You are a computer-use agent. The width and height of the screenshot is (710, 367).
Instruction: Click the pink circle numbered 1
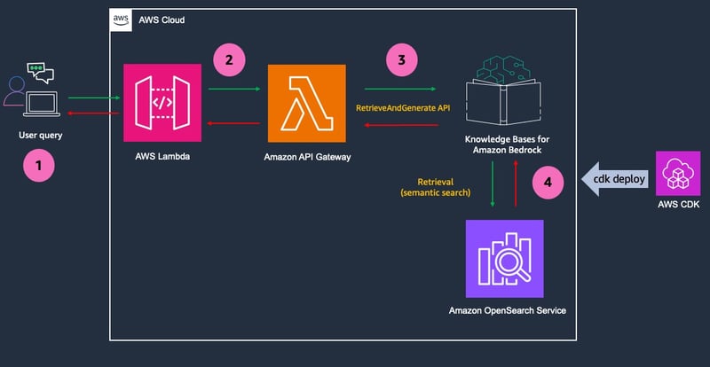(x=39, y=166)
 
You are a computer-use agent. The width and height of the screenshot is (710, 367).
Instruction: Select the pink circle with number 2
(x=229, y=59)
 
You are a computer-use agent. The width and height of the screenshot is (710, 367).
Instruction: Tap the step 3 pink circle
(x=402, y=59)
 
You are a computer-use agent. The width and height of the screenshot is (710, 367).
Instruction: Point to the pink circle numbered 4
(x=548, y=183)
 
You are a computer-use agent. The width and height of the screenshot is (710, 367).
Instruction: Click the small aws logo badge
(x=121, y=20)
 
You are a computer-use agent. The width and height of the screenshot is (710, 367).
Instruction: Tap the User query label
(x=41, y=135)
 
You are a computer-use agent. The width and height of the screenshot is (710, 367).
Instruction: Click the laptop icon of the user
(x=41, y=104)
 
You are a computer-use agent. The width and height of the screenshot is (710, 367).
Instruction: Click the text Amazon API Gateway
(x=307, y=158)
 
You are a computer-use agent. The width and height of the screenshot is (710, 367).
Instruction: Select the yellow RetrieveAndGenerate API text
(x=403, y=109)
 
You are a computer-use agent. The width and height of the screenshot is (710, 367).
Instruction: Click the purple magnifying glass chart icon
(x=504, y=259)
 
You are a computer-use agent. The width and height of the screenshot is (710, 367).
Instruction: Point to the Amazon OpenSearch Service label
(x=507, y=311)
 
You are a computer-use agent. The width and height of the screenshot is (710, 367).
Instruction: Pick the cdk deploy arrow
(x=615, y=179)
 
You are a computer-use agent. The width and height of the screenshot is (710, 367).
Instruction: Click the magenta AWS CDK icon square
(x=678, y=174)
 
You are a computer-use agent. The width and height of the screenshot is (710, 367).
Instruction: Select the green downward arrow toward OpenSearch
(x=493, y=183)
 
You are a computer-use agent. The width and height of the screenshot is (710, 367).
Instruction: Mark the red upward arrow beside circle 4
(x=516, y=183)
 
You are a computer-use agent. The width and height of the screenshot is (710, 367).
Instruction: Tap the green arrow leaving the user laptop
(x=94, y=98)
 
